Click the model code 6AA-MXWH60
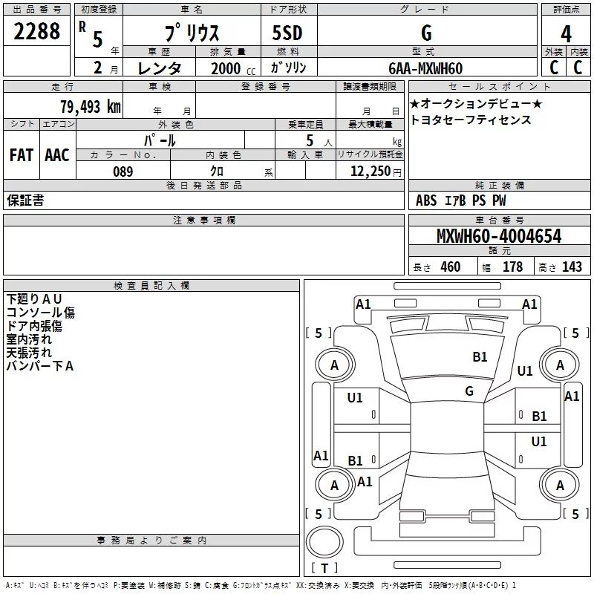425,68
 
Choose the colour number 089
123,172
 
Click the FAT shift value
22,155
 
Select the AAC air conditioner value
56,155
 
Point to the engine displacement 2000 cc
227,68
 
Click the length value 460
450,267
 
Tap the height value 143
572,267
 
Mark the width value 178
512,267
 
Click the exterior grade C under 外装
553,67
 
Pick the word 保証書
25,200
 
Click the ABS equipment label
426,200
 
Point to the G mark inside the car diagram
469,391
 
